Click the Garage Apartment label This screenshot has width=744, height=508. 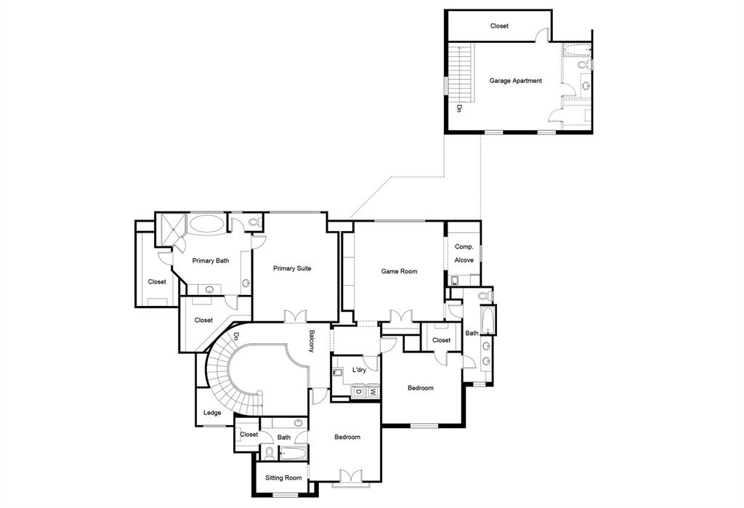pyautogui.click(x=517, y=81)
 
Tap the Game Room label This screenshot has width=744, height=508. pyautogui.click(x=399, y=271)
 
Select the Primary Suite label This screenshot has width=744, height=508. pyautogui.click(x=292, y=268)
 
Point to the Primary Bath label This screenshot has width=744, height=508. pyautogui.click(x=211, y=260)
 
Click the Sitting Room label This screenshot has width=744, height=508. pyautogui.click(x=283, y=477)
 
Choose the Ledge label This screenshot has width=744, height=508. pyautogui.click(x=212, y=413)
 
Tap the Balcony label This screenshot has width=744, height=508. pyautogui.click(x=311, y=342)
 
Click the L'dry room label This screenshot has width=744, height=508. pyautogui.click(x=359, y=370)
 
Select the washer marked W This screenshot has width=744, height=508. pyautogui.click(x=372, y=392)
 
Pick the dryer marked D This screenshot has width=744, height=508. pyautogui.click(x=358, y=392)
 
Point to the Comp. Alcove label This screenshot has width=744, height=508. pyautogui.click(x=464, y=253)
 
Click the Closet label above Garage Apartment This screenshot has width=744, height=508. pyautogui.click(x=499, y=25)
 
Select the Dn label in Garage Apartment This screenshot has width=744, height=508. pyautogui.click(x=459, y=109)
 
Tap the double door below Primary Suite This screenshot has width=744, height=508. pyautogui.click(x=295, y=316)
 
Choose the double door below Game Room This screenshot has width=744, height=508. pyautogui.click(x=401, y=316)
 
